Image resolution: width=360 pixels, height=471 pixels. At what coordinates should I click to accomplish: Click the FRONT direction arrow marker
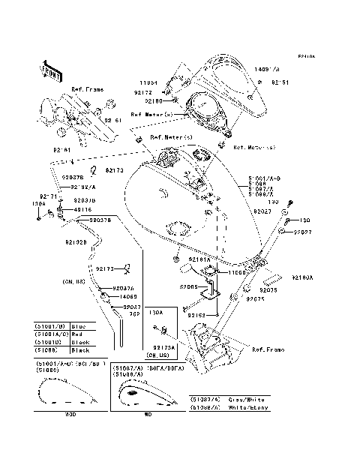pyautogui.click(x=51, y=68)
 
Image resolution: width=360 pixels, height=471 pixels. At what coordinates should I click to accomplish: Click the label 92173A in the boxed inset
pyautogui.click(x=164, y=347)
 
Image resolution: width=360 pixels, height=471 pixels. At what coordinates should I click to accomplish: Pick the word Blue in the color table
pyautogui.click(x=80, y=327)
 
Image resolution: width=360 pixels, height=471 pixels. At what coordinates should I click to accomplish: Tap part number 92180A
pyautogui.click(x=302, y=277)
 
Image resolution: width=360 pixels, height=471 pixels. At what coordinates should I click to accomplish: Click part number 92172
pyautogui.click(x=142, y=93)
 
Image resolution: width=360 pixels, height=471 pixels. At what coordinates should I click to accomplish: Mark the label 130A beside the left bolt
pyautogui.click(x=39, y=203)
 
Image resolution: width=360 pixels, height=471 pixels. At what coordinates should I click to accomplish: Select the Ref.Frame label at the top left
pyautogui.click(x=87, y=89)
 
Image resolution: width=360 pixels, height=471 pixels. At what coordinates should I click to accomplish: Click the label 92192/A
pyautogui.click(x=83, y=187)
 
